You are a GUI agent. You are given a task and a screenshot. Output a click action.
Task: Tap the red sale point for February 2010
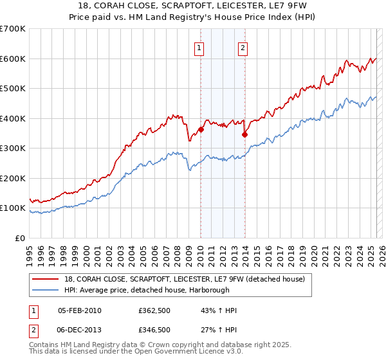201,129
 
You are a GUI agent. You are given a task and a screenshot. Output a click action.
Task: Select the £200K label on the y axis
13,178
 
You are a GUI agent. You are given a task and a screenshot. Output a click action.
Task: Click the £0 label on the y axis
21,238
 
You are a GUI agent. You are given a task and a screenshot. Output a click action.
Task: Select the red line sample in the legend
46,279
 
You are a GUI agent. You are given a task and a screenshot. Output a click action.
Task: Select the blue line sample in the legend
46,289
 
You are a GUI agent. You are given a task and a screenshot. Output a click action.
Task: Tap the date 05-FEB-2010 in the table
79,310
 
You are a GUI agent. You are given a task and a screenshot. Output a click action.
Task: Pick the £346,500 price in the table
154,329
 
